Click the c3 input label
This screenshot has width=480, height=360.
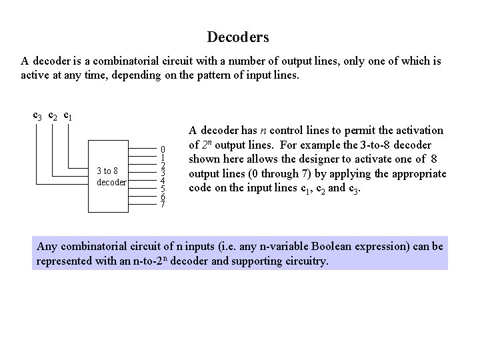38,116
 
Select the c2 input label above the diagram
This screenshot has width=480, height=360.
53,116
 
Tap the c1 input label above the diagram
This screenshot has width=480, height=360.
69,116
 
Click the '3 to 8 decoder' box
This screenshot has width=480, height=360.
111,177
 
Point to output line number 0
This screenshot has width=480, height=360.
162,149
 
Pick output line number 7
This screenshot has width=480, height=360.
162,205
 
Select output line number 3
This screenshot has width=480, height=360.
162,173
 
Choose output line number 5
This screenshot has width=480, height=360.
162,189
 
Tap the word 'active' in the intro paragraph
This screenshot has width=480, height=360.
35,75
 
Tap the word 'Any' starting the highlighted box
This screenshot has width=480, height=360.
47,247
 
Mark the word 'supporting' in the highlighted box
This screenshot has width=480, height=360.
252,261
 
